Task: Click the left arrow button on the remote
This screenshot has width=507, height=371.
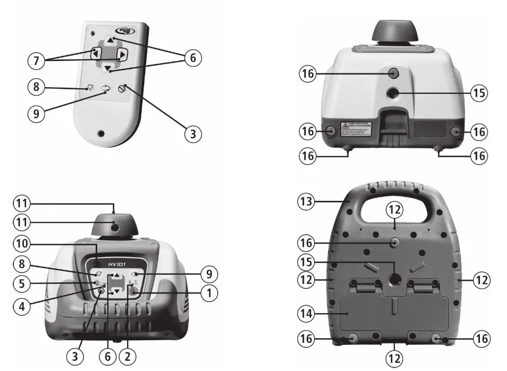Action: [x=96, y=53]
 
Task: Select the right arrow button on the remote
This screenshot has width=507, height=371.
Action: [x=121, y=55]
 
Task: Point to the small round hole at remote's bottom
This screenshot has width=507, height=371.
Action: [x=101, y=134]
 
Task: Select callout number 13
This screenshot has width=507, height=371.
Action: [x=306, y=201]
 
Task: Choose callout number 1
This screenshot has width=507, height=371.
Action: [x=209, y=293]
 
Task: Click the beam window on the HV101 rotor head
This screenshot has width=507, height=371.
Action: [x=113, y=226]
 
